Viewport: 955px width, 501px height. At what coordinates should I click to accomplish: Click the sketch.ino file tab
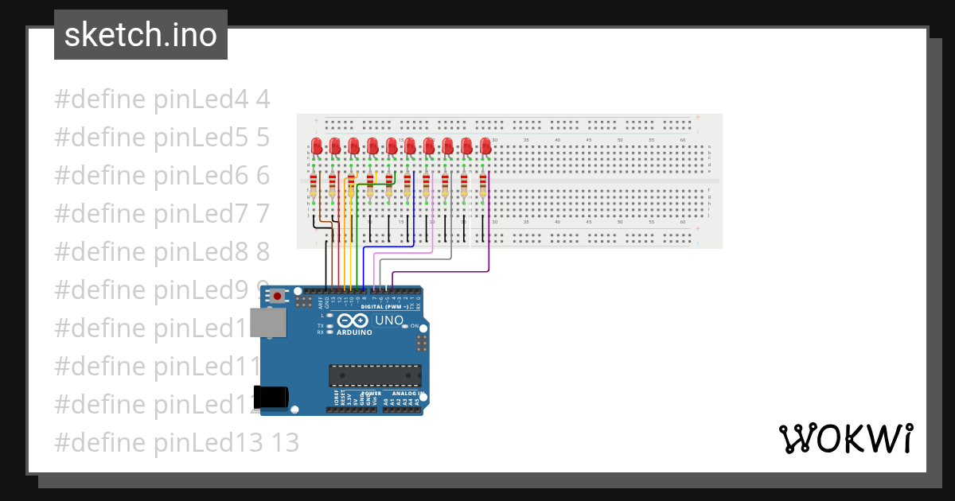coord(141,35)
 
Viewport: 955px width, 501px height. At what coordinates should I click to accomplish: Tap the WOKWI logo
coord(844,439)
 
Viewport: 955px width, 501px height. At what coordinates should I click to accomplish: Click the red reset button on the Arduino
coord(277,297)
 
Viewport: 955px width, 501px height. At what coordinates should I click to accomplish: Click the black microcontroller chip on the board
coord(375,375)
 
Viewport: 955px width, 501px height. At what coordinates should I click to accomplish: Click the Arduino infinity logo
coord(354,320)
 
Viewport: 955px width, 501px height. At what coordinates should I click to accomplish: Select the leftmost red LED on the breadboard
coord(316,147)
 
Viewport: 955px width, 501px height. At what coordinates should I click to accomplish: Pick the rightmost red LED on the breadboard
coord(485,147)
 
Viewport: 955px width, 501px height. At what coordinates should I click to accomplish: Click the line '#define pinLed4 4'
coord(162,100)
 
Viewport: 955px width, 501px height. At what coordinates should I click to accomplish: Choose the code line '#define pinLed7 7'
coord(162,214)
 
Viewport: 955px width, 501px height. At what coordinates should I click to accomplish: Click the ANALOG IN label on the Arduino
coord(406,394)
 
